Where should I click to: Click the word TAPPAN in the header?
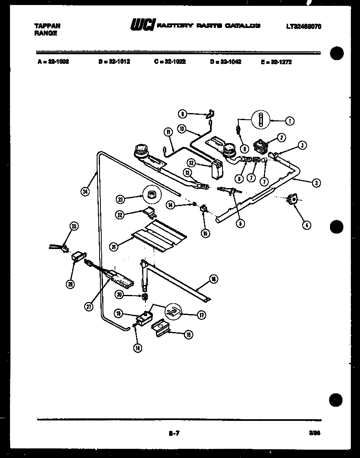click(x=44, y=25)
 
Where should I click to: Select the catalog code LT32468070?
click(x=303, y=26)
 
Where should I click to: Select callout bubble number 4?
click(x=306, y=226)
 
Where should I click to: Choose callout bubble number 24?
click(x=85, y=192)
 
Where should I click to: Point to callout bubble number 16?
click(x=214, y=279)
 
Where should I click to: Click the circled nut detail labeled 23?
click(x=152, y=194)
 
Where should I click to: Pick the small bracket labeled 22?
click(x=149, y=213)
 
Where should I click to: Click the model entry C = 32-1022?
click(x=170, y=61)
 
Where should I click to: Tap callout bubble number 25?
click(x=73, y=226)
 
